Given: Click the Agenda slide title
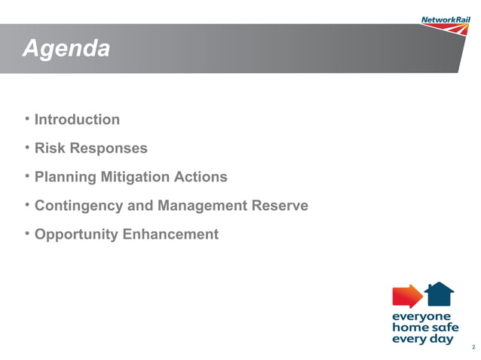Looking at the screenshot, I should pos(66,49).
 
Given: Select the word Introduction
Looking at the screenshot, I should pos(77,120).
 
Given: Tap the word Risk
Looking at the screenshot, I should pos(51,148).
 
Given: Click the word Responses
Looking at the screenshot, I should pos(109,148).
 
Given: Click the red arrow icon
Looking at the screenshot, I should pos(407,296).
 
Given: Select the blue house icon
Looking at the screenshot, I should pos(440,294).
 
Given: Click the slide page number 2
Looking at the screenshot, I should pos(472,347).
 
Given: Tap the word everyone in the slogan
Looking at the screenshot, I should pos(421,316).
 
